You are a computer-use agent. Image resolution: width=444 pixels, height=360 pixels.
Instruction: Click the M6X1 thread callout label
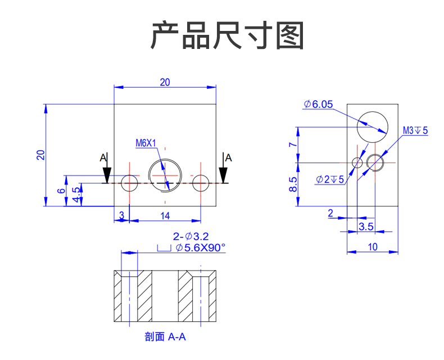coord(146,143)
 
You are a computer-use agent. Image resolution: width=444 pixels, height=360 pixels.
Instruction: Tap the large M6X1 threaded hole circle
coord(165,175)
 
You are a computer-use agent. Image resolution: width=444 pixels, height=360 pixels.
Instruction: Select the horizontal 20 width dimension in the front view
coord(165,82)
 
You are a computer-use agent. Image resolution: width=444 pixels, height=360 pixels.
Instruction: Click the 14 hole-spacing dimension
coord(165,215)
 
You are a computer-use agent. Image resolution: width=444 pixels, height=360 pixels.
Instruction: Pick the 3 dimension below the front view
coord(121,215)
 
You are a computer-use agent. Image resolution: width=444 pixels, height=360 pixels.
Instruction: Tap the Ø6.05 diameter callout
coord(318,104)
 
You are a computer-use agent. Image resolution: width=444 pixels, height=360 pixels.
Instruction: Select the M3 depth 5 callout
coord(415,130)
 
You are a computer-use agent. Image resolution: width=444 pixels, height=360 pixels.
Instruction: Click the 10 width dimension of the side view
coord(373,246)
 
